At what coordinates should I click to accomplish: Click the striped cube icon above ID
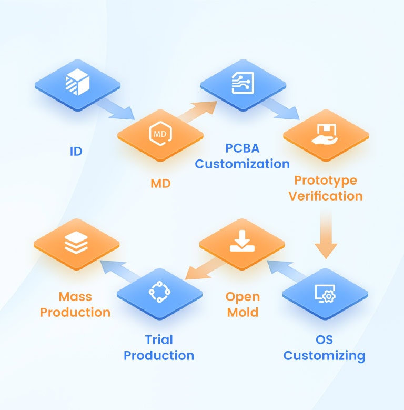pos(77,82)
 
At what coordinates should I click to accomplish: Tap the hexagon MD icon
pos(160,133)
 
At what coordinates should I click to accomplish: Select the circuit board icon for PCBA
pos(243,83)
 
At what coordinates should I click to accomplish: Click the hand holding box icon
pos(325,134)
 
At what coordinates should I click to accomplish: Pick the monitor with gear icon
pos(325,293)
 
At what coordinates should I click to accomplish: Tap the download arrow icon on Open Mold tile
pos(242,241)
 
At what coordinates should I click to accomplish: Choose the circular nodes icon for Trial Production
pos(159,292)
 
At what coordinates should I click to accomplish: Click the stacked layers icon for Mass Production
pos(76,243)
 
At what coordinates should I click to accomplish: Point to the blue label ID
pos(76,152)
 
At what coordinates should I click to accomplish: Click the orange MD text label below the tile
pos(161,184)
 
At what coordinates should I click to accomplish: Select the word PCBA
pos(243,148)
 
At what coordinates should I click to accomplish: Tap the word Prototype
pos(326,181)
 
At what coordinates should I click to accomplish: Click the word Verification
pos(326,196)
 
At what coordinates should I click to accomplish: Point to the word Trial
pos(159,339)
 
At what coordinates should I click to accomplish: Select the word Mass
pos(75,297)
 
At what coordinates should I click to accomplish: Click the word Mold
pos(243,313)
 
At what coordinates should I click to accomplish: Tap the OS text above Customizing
pos(324,339)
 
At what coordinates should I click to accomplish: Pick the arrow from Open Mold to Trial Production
pos(205,268)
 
